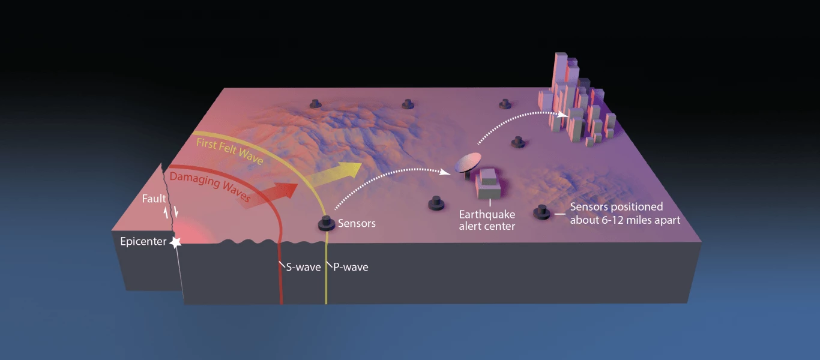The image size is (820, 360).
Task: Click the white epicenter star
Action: [x=175, y=242]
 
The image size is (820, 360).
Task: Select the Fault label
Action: [x=154, y=199]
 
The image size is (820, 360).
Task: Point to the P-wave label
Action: [x=351, y=267]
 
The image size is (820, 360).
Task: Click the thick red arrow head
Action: [x=289, y=191]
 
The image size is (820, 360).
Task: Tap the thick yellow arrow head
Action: [x=352, y=170]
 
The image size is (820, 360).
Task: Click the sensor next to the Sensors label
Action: [x=327, y=223]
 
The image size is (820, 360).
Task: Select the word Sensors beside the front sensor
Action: [x=357, y=224]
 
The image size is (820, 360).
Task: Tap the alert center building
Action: [x=488, y=184]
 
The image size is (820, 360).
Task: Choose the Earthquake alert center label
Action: [x=487, y=220]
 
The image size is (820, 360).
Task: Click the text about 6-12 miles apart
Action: [x=625, y=220]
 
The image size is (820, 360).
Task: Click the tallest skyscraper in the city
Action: [x=560, y=78]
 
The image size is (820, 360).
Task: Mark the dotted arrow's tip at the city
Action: [x=565, y=115]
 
